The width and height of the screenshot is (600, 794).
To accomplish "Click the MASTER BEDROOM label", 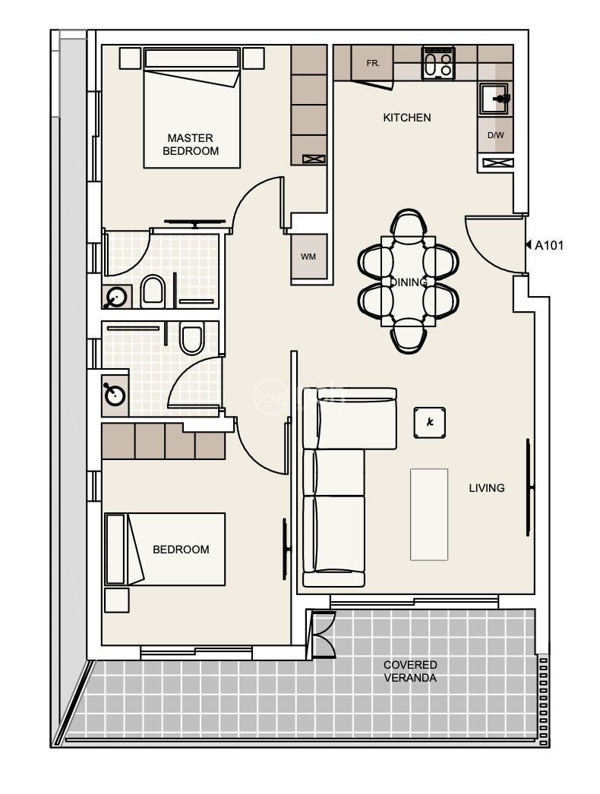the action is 191,144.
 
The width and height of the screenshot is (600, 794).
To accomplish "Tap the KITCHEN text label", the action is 407,118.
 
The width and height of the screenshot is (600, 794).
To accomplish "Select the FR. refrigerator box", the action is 372,63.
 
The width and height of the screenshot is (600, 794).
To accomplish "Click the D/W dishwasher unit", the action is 495,134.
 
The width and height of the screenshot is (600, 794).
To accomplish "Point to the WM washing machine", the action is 308,257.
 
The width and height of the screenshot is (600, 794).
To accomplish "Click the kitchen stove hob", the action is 438,63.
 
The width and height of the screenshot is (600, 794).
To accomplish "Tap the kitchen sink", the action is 494,99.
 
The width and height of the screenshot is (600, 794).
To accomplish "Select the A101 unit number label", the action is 549,246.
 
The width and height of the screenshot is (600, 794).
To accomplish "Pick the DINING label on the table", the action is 409,282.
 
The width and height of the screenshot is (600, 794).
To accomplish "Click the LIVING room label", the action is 487,488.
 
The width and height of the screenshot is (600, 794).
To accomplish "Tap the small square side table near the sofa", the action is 430,422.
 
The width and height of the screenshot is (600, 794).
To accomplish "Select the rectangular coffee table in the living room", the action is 429,515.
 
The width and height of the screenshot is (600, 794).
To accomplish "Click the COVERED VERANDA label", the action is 410,672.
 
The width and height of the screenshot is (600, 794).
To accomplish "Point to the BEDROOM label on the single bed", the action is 181,550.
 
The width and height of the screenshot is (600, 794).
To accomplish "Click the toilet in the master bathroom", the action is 153,291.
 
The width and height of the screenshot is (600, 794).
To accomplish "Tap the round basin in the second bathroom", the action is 115,395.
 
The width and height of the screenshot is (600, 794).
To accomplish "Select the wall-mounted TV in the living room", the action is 529,487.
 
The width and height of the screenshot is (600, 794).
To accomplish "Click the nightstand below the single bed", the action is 116,600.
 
